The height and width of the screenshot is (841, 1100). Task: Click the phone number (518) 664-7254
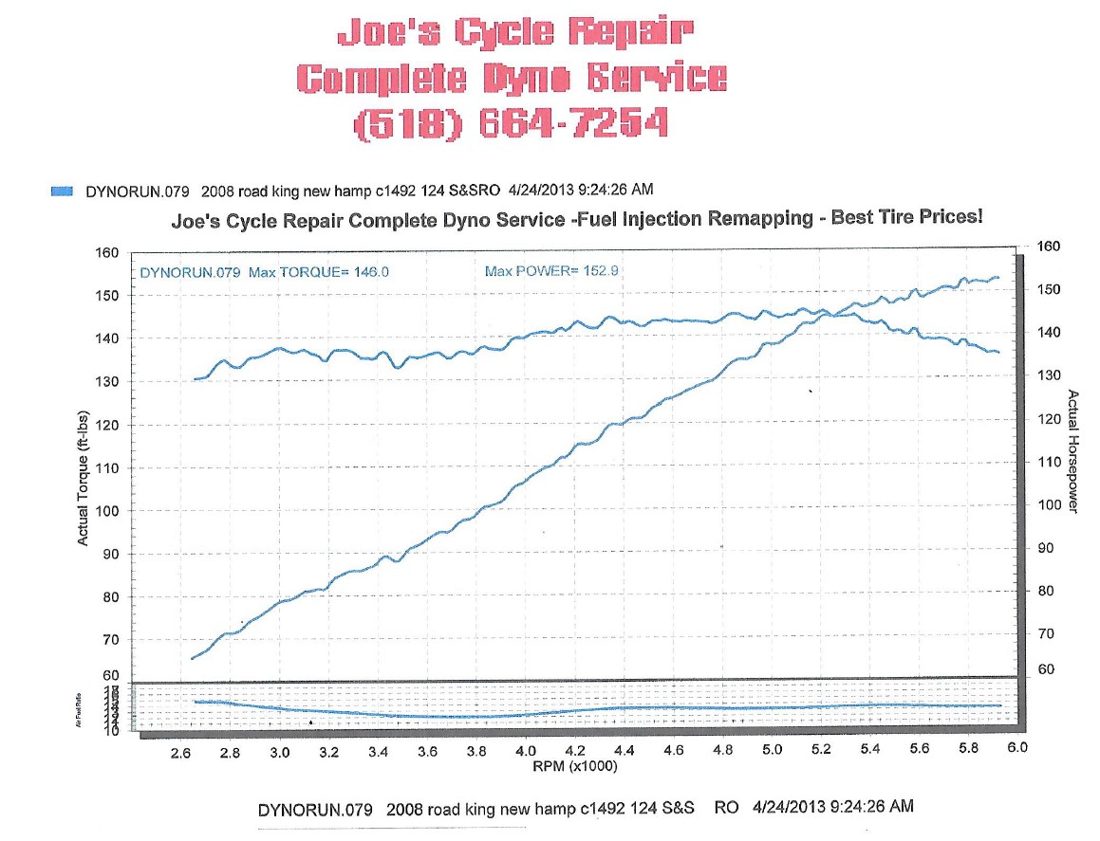pos(511,123)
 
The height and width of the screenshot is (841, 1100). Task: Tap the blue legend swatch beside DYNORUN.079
pos(62,191)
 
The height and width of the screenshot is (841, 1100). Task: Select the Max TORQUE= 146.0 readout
pos(264,272)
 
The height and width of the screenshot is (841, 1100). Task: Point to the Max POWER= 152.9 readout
pos(552,271)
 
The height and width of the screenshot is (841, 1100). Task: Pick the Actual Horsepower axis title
pos(1073,451)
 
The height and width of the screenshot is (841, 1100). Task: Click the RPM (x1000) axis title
pos(574,766)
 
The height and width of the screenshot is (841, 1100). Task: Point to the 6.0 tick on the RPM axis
pos(1017,747)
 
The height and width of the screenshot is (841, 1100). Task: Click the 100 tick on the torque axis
pos(108,511)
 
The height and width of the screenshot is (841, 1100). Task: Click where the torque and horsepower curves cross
pos(829,314)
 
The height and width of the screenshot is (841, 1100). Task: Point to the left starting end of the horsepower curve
pos(193,658)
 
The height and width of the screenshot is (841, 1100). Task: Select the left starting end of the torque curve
pos(195,379)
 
